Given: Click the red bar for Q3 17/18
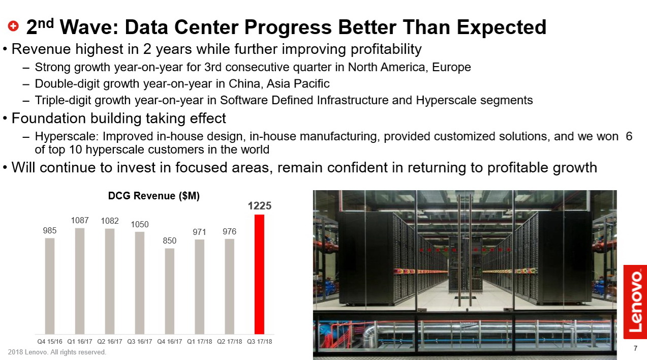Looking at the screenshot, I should [259, 274].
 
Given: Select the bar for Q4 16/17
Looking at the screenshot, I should [170, 291].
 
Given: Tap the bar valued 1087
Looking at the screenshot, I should [80, 281].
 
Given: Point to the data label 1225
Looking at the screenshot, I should [259, 206].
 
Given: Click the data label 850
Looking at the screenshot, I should [170, 241].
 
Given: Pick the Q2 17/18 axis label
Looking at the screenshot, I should [229, 342].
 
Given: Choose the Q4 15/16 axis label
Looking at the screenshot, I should [50, 342].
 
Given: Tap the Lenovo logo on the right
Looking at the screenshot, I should [635, 302].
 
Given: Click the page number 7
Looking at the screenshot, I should [635, 349].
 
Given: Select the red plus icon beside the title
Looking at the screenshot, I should [14, 26].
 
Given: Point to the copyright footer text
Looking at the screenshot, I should [57, 352].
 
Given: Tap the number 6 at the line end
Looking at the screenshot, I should [629, 136].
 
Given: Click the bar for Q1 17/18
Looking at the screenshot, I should [200, 287].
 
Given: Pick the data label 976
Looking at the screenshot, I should [229, 232].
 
